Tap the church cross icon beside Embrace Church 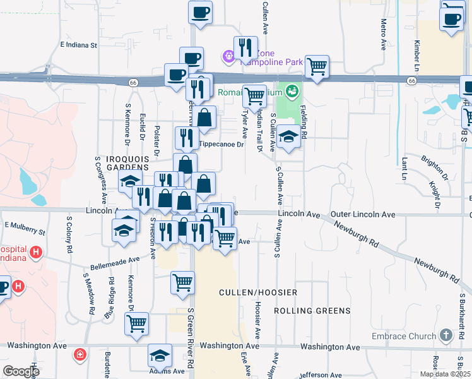446,335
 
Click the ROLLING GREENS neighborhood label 312,311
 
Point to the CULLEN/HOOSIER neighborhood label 257,292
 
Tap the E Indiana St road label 79,45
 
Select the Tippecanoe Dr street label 221,145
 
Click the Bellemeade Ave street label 114,260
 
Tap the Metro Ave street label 383,34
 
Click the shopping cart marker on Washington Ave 136,323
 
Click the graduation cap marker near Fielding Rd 288,136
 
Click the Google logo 21,372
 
